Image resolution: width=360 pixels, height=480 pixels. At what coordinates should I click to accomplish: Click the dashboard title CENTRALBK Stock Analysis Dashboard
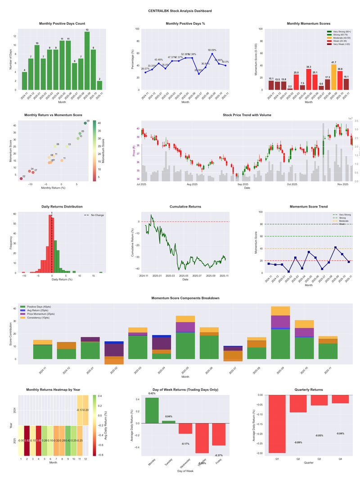click(x=180, y=10)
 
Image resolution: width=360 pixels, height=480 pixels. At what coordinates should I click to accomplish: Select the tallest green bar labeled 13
click(x=87, y=61)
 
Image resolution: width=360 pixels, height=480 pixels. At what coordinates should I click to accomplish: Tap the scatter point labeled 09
click(x=85, y=123)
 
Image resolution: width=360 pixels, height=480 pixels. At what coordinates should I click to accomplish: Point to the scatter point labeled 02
click(x=21, y=179)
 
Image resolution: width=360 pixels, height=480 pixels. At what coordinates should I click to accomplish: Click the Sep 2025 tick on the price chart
click(x=243, y=184)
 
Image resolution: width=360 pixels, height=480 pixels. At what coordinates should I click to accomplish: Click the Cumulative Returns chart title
click(x=185, y=207)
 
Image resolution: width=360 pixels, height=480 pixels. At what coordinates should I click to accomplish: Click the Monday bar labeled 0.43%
click(x=152, y=410)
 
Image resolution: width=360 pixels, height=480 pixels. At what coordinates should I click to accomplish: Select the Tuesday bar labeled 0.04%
click(x=168, y=422)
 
